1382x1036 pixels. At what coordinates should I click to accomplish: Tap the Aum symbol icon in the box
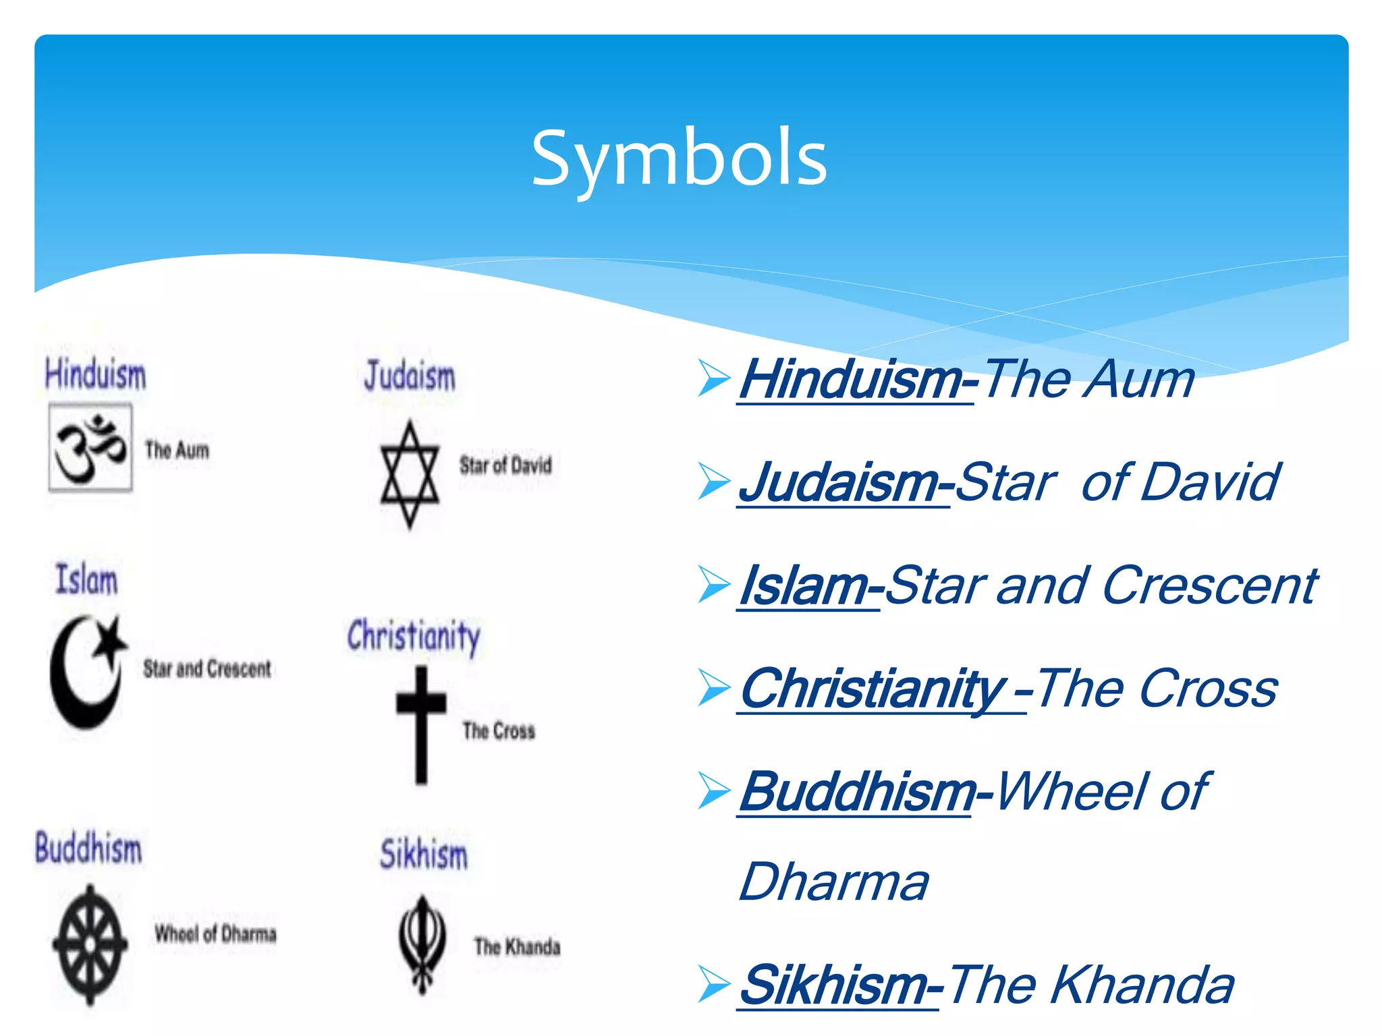point(90,447)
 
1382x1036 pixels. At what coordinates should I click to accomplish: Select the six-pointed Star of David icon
point(410,474)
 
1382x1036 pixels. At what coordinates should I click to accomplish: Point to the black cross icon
point(421,724)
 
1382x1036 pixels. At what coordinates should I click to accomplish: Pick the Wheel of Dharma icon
point(90,944)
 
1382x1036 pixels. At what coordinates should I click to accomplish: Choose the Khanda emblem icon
point(422,944)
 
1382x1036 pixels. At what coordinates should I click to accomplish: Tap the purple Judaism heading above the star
point(410,376)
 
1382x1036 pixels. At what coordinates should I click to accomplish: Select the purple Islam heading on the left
point(86,579)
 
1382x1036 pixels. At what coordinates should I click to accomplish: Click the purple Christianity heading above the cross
point(414,635)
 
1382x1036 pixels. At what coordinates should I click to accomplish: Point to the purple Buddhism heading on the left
point(88,848)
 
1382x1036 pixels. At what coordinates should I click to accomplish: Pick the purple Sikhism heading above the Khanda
point(424,854)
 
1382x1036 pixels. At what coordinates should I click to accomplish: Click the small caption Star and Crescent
point(206,668)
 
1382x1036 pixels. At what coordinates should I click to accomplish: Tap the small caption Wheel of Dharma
point(215,934)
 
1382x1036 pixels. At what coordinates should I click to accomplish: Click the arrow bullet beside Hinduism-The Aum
point(714,378)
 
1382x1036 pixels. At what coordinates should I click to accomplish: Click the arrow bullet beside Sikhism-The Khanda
point(714,984)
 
